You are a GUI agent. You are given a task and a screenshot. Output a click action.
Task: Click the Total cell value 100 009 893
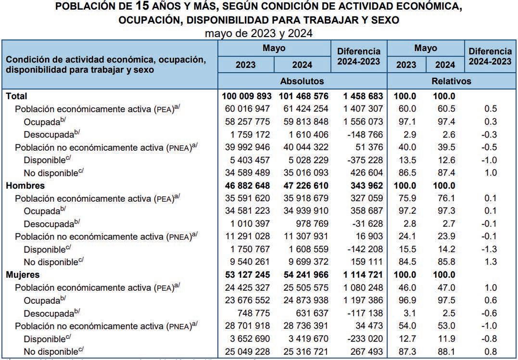click(x=247, y=96)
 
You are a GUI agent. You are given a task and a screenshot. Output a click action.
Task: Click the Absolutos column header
click(x=302, y=81)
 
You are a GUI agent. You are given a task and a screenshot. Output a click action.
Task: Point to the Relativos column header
click(x=451, y=81)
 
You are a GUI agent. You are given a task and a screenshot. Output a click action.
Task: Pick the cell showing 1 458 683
click(x=360, y=96)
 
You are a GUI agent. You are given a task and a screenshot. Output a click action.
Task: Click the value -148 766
click(x=363, y=134)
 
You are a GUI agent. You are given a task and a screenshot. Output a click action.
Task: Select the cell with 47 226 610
click(x=303, y=185)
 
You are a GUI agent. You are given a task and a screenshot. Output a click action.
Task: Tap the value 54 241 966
click(x=303, y=275)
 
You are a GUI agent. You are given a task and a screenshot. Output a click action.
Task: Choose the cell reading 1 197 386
click(x=360, y=300)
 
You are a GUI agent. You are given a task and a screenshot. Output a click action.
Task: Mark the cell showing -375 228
click(x=363, y=160)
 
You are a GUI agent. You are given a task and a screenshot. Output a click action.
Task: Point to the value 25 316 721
click(x=303, y=351)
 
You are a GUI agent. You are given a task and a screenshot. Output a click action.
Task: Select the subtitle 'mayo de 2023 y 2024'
click(x=259, y=34)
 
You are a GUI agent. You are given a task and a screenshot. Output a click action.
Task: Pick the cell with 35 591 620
click(x=247, y=198)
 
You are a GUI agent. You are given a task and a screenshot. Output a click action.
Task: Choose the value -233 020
click(x=363, y=339)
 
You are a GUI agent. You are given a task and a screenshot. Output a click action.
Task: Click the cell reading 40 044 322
click(x=303, y=147)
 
